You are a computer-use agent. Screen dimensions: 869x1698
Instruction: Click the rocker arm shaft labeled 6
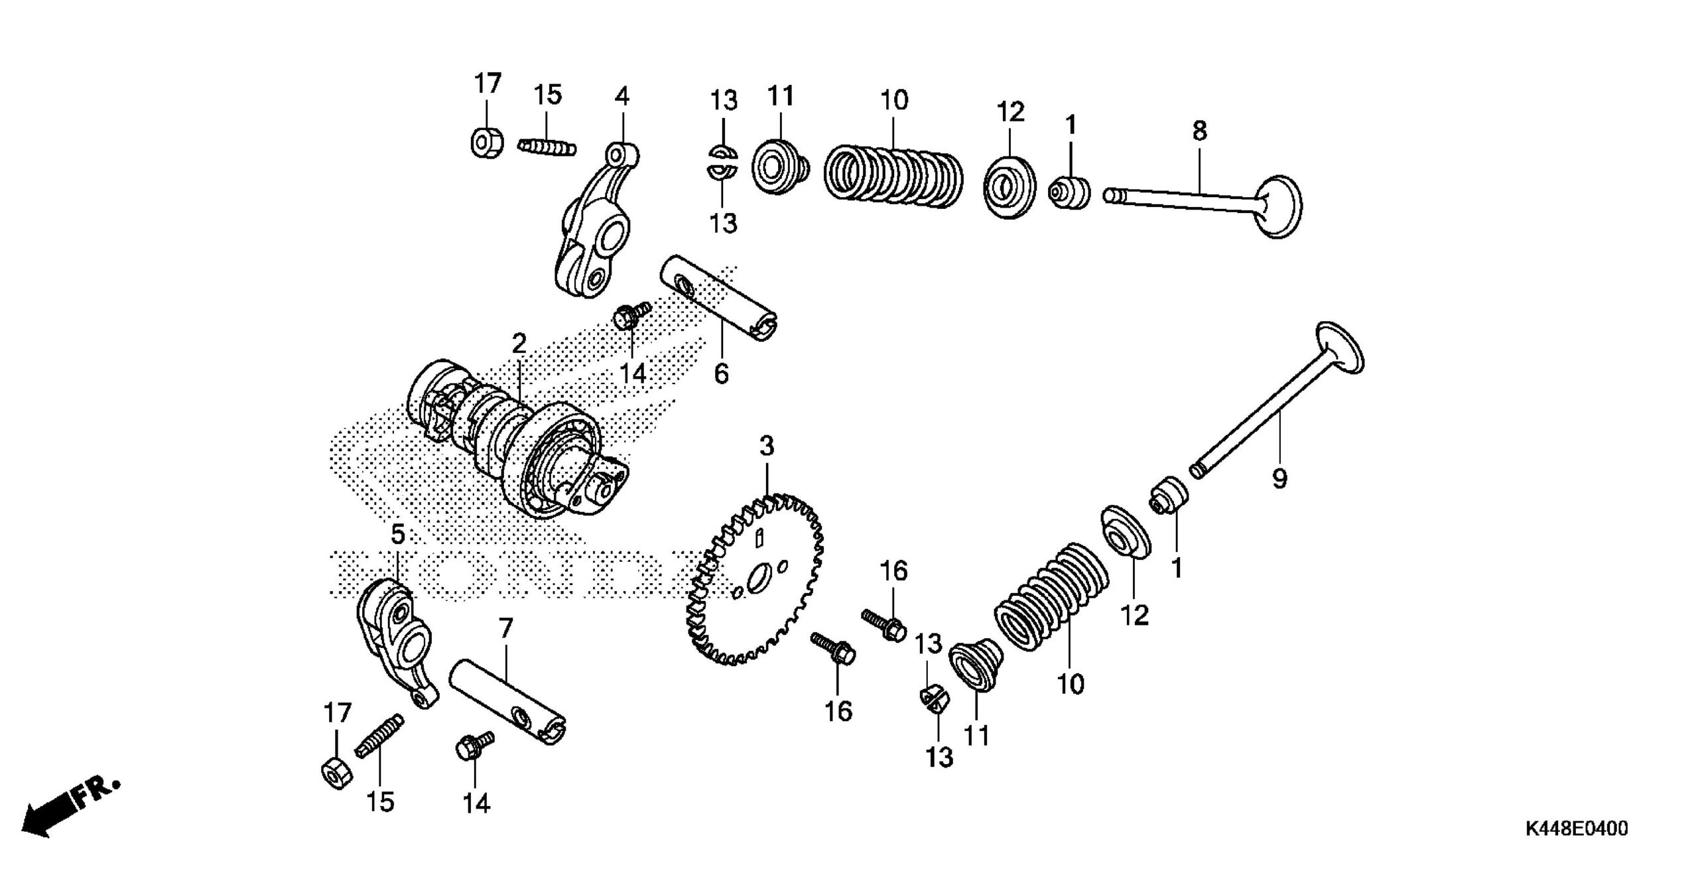[x=720, y=299]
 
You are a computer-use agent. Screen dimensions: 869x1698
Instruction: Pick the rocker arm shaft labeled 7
[x=507, y=710]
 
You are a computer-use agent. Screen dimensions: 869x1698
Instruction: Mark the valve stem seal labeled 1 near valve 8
[x=1070, y=193]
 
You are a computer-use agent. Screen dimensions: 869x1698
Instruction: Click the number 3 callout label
[x=766, y=446]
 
